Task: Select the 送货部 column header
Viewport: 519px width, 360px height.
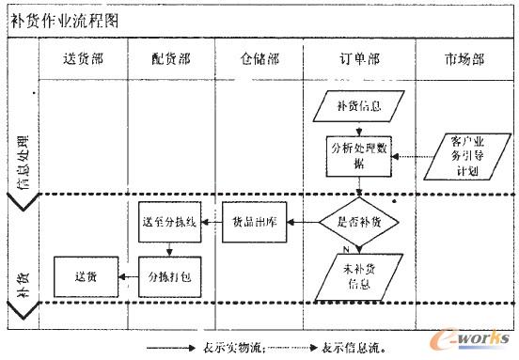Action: point(83,58)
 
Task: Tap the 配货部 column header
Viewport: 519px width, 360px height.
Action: point(170,58)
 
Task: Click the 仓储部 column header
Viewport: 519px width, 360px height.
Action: point(259,58)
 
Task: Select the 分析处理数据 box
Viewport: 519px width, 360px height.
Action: point(358,154)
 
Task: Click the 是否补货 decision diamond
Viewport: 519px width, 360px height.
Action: point(358,222)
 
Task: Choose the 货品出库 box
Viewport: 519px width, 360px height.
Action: point(252,222)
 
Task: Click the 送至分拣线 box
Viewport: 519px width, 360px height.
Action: point(168,222)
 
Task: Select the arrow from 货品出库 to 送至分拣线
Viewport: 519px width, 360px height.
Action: point(210,222)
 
